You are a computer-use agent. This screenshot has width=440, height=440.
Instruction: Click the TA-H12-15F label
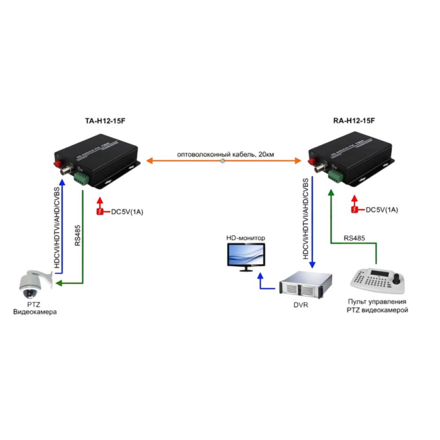tap(102, 120)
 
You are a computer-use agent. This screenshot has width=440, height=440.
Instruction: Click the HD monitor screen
tap(246, 255)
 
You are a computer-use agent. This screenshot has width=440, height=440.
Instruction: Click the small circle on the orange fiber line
tap(223, 162)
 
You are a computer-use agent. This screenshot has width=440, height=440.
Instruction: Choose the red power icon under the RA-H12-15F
tap(355, 210)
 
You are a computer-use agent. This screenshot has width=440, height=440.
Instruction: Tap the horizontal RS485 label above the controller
tap(355, 238)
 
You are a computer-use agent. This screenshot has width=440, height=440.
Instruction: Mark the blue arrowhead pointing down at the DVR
tap(312, 264)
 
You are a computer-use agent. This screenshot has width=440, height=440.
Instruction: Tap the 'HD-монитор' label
tap(246, 238)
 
